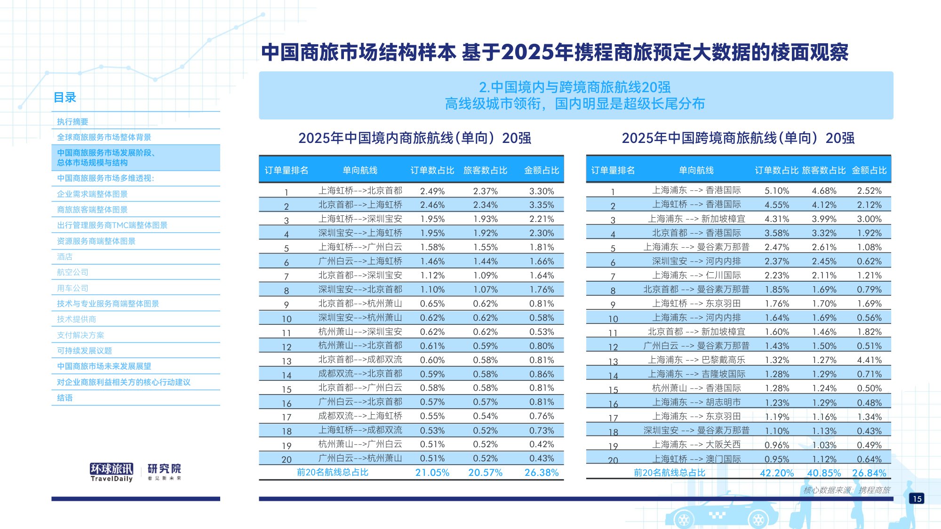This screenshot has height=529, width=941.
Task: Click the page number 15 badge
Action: point(917,498)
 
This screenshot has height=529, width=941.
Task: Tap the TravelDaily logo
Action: point(112,472)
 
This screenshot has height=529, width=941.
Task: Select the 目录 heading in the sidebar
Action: point(65,97)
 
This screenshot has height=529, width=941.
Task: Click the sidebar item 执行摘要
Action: point(72,122)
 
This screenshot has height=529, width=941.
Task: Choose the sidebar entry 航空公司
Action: point(72,272)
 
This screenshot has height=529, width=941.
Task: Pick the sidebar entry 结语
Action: point(65,398)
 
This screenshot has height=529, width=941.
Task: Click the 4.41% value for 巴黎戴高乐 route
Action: point(869,360)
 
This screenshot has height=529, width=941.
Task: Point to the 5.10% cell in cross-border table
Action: point(776,191)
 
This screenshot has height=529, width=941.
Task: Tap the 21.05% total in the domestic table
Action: point(432,473)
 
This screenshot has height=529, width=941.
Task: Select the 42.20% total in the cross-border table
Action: point(776,473)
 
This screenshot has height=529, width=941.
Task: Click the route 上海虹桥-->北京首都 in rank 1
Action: point(360,191)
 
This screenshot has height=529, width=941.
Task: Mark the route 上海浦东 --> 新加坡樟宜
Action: point(696,219)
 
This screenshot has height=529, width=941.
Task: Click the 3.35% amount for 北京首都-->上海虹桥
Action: point(542,205)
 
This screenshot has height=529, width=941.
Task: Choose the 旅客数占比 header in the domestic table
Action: point(485,170)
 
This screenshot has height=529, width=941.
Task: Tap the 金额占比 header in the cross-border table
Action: point(869,170)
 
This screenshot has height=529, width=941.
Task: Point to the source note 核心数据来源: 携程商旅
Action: point(846,490)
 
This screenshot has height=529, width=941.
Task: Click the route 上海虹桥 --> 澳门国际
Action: point(696,459)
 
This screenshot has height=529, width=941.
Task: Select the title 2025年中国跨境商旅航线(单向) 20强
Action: point(738,138)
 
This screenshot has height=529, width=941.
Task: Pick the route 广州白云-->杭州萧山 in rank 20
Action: point(360,458)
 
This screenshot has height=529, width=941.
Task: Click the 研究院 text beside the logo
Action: point(164,469)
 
